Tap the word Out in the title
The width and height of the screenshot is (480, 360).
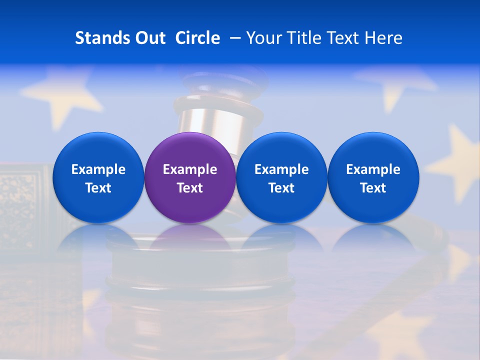coord(149,38)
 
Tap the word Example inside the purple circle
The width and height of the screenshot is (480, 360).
coord(190,169)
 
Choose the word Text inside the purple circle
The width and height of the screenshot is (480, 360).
coord(190,188)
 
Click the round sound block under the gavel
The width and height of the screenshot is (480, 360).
coord(200,280)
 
